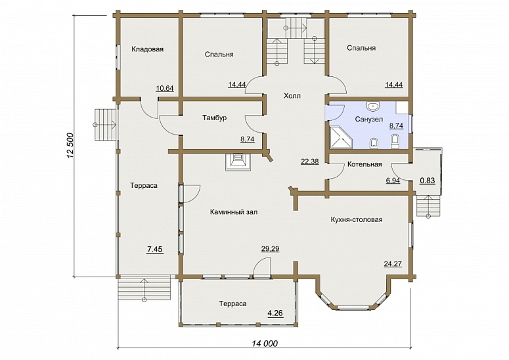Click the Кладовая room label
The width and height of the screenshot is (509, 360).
[x=147, y=49]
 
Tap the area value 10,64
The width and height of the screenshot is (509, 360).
[x=165, y=88]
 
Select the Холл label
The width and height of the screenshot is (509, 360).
[x=292, y=96]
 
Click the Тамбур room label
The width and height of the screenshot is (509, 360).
[x=215, y=118]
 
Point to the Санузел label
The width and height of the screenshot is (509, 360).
[x=368, y=119]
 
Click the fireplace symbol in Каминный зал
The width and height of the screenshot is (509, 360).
[x=238, y=162]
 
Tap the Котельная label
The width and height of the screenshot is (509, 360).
[x=365, y=164]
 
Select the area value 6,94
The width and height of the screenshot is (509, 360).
[x=393, y=181]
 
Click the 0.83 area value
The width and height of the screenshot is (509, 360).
[x=428, y=181]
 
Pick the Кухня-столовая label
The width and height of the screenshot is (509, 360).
[x=357, y=220]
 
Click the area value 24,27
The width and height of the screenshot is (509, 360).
[x=393, y=264]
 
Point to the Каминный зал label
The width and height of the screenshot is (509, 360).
[x=234, y=212]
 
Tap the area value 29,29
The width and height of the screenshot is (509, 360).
[x=270, y=249]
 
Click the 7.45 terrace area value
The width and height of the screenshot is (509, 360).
[x=155, y=249]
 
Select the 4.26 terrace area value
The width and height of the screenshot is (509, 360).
[x=275, y=313]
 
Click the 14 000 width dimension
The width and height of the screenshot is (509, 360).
[x=265, y=343]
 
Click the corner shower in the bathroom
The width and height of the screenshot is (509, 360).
[x=341, y=137]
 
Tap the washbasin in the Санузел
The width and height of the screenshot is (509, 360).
[x=374, y=106]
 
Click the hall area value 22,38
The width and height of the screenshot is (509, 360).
[x=310, y=162]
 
